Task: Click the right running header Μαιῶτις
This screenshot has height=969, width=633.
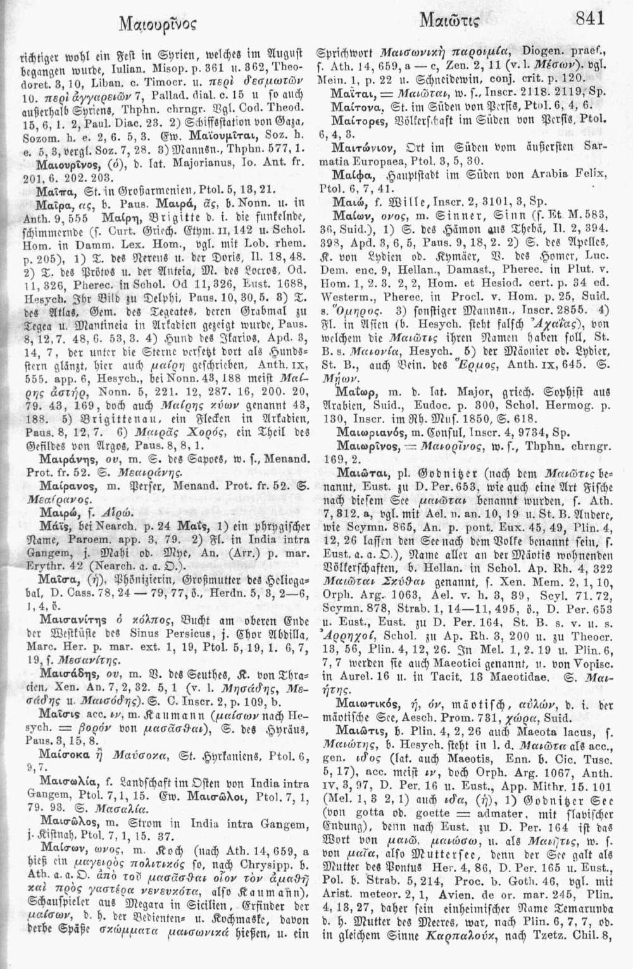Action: tap(443, 23)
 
